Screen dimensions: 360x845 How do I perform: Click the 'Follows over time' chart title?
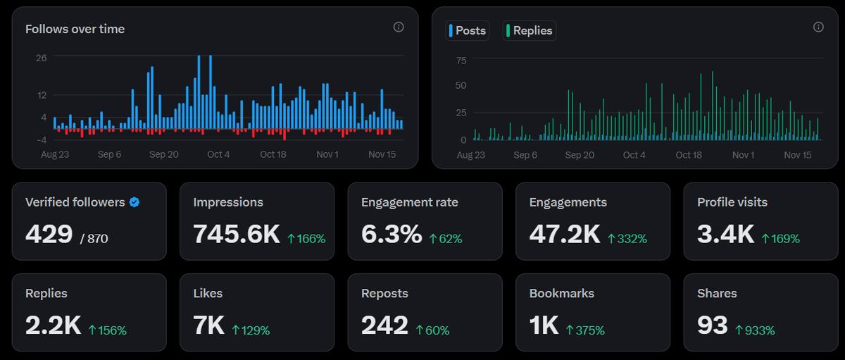(x=75, y=29)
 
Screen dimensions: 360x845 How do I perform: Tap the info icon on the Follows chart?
(x=399, y=27)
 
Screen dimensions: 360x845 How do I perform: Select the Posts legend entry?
(x=468, y=30)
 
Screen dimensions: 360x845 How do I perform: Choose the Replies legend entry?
(x=530, y=30)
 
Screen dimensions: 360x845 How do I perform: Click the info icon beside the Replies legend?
(x=818, y=27)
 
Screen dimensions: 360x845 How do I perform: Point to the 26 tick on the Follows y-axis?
(x=42, y=58)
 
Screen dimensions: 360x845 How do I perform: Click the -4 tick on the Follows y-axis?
(x=41, y=139)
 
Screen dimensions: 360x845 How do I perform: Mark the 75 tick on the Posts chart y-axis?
(x=461, y=61)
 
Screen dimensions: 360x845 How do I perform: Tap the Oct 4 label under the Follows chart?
(x=218, y=154)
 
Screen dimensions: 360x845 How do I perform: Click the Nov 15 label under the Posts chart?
(x=798, y=155)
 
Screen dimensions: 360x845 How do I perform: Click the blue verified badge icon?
(x=134, y=202)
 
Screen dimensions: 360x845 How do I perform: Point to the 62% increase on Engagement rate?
(x=445, y=239)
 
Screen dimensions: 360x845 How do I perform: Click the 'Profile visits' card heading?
(x=732, y=202)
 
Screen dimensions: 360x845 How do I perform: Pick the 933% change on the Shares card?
(x=754, y=330)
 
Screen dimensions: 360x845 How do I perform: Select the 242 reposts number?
(x=384, y=325)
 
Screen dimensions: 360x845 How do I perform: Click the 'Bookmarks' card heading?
(x=562, y=293)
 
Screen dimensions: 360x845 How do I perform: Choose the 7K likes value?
(x=208, y=325)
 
